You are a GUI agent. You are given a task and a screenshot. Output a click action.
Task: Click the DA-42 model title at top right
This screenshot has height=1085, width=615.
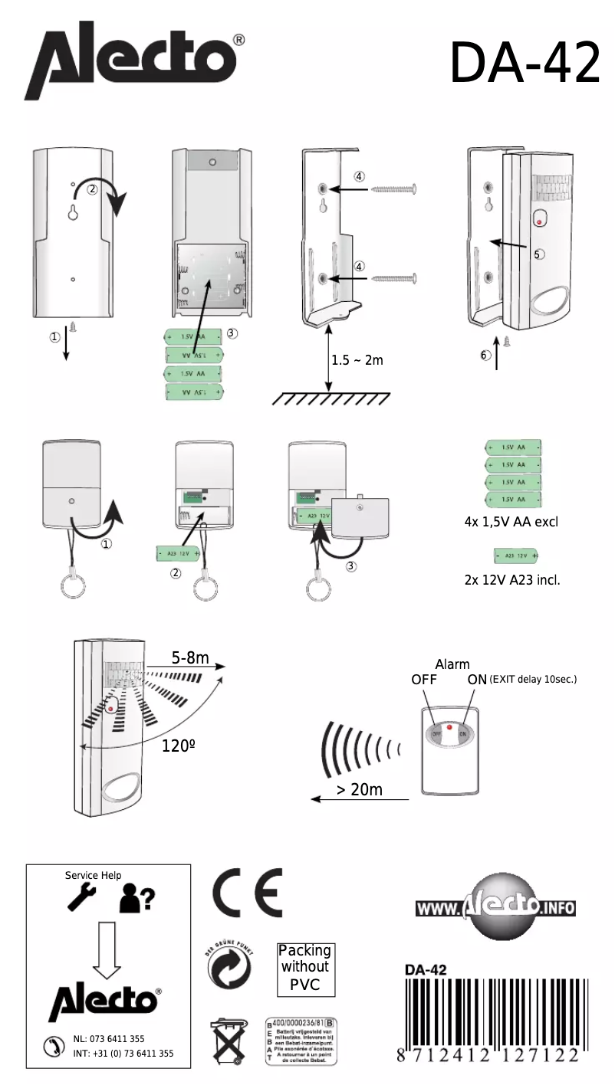[525, 64]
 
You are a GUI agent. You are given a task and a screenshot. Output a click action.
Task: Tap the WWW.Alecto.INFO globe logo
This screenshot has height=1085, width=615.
[495, 910]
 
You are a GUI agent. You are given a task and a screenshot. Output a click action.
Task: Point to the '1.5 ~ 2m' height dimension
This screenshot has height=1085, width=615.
[357, 360]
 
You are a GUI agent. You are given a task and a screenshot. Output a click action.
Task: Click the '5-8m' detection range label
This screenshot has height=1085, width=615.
[189, 657]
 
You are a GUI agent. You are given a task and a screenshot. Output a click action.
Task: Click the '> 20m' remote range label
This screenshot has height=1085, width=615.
[360, 789]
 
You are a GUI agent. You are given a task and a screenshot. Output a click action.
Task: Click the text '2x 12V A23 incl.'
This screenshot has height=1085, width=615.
[512, 580]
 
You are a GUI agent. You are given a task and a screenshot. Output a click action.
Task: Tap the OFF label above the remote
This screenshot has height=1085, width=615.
[424, 680]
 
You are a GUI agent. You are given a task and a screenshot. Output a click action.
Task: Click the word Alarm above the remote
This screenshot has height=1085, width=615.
[452, 664]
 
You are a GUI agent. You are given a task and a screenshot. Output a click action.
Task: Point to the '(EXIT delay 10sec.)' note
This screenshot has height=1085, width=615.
[532, 680]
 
